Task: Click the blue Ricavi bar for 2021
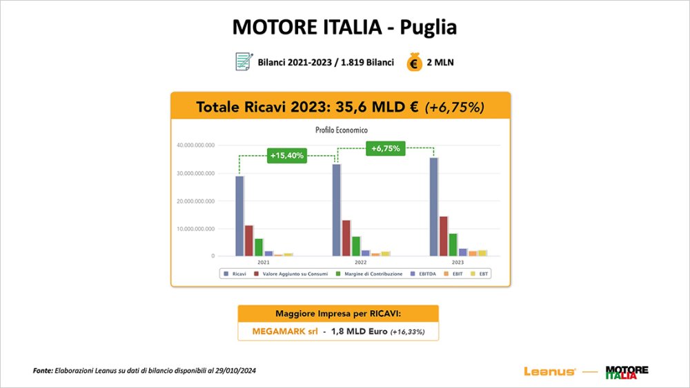pos(239,216)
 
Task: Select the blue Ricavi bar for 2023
pos(434,207)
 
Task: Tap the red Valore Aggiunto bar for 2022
pos(346,238)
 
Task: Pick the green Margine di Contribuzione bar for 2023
pos(453,245)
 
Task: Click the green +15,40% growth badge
pos(286,156)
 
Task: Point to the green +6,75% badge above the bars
pos(385,148)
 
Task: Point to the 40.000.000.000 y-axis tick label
pos(196,145)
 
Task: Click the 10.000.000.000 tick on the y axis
pos(196,229)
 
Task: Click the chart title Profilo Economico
pos(342,130)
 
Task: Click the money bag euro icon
pos(414,62)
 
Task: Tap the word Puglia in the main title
pos(429,27)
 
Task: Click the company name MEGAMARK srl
pos(279,331)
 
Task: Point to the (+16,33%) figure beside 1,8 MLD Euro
pos(408,332)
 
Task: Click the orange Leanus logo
pos(550,371)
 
